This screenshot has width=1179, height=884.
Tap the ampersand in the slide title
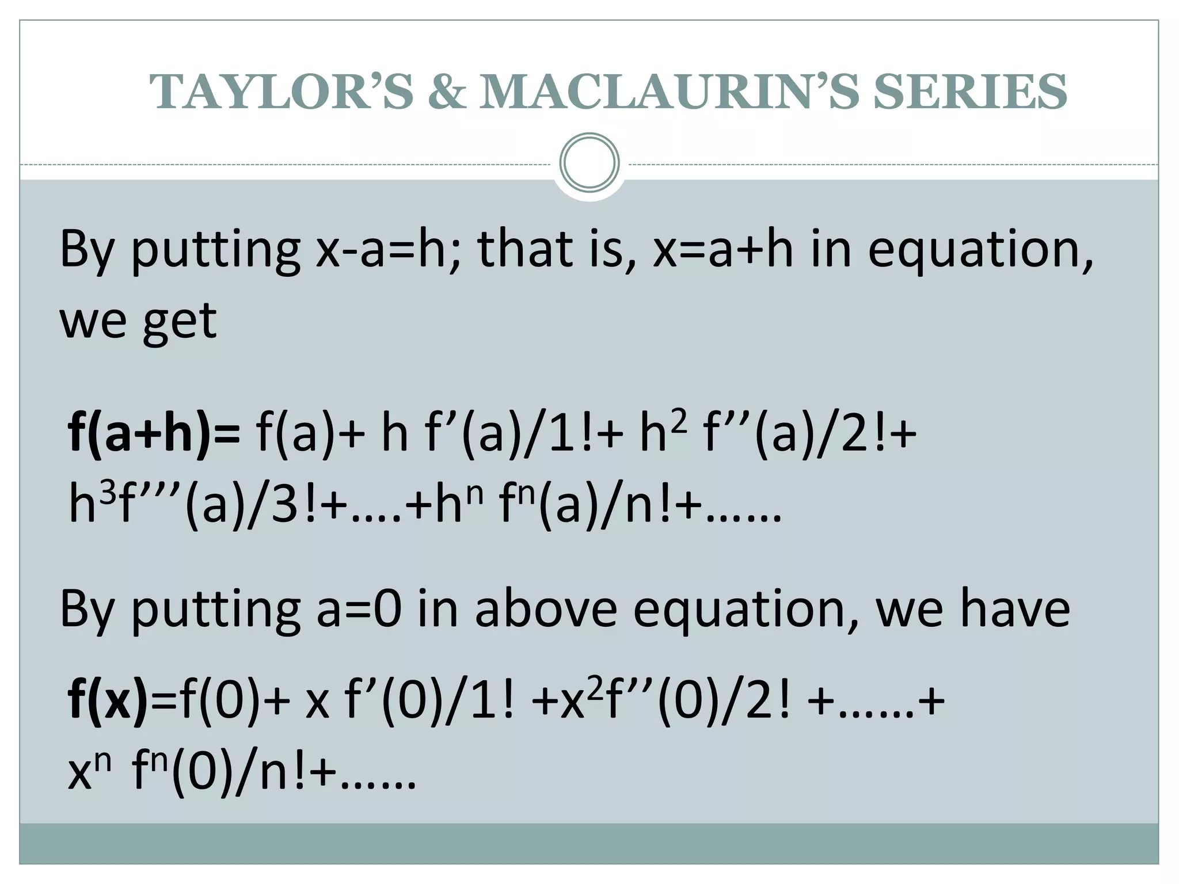point(447,92)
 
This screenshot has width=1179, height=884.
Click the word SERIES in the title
point(970,92)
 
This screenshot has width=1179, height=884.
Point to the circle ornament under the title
point(589,163)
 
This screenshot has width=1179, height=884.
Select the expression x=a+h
point(722,250)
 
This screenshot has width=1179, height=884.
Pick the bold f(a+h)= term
point(153,434)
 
